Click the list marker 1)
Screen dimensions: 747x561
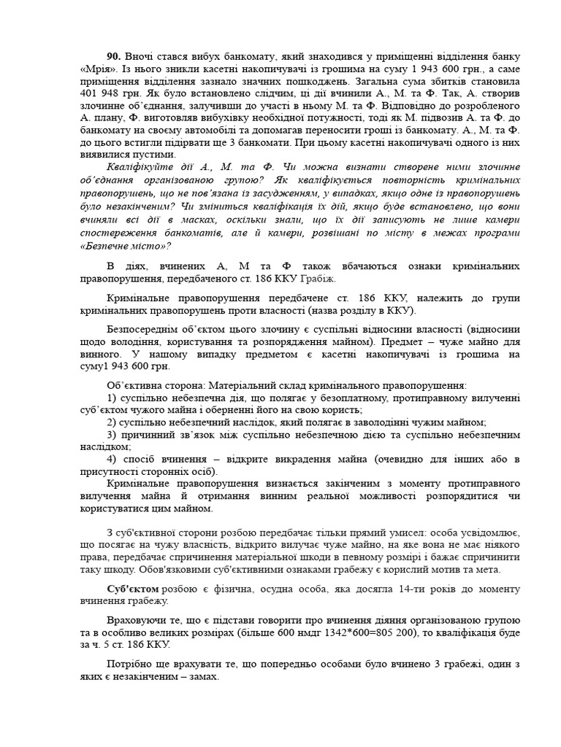pyautogui.click(x=112, y=398)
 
